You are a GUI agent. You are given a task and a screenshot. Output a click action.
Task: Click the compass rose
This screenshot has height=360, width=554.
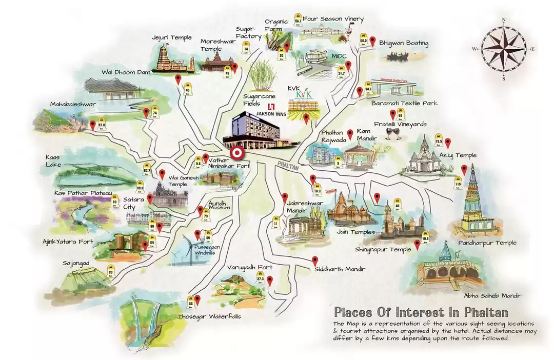pos(504,49)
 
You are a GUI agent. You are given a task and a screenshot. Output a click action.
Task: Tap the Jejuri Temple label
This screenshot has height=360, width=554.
pos(172,37)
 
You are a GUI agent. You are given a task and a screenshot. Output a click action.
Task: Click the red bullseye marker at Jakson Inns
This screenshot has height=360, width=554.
pos(237,152)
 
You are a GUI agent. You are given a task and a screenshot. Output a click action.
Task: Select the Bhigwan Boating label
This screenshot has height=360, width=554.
pos(404,43)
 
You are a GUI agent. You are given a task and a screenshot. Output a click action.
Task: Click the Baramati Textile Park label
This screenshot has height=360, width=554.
pos(404,103)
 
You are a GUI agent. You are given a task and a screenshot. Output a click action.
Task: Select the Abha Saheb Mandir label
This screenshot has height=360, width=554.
pos(492,296)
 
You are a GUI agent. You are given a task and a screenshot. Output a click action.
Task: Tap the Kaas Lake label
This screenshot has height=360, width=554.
pos(53,161)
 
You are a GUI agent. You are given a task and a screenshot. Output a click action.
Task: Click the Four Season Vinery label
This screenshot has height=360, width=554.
pos(333,19)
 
